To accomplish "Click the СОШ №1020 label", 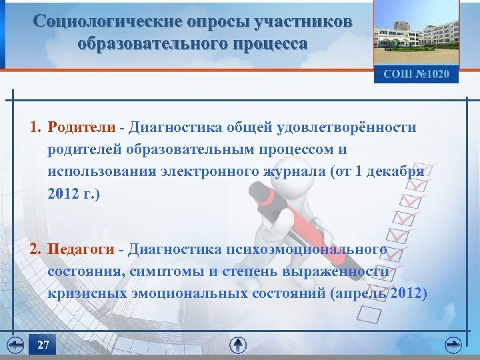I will pos(416,73).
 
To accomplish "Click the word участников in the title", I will pos(304,22).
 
